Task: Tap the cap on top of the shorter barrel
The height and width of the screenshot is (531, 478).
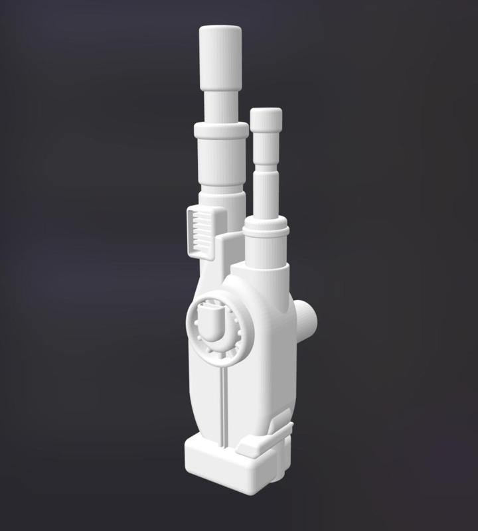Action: click(266, 119)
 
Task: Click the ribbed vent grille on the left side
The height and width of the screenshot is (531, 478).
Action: click(200, 230)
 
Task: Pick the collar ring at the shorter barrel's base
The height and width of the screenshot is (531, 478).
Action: click(266, 230)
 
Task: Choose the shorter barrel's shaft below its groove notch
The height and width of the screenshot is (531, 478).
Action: click(266, 196)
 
